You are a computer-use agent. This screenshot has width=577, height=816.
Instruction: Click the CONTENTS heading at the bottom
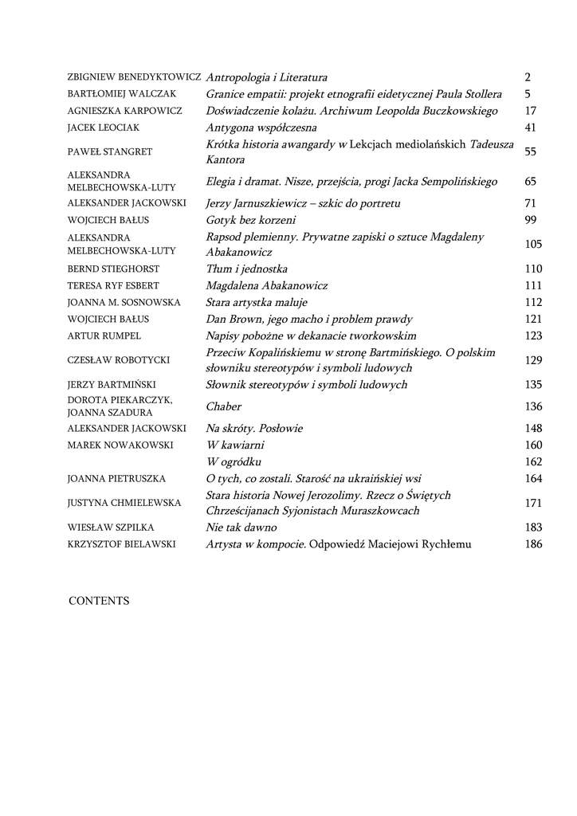tap(99, 601)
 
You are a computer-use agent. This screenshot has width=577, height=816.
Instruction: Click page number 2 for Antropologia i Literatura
tap(528, 77)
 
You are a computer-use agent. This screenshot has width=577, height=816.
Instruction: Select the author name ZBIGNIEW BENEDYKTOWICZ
tap(135, 78)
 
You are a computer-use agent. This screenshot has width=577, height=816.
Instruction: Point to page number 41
tap(531, 127)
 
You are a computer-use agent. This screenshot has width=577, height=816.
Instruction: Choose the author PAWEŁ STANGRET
tap(110, 151)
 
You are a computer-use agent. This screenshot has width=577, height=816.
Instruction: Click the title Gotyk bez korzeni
tap(251, 220)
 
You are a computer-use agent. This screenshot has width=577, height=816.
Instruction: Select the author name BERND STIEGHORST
tap(113, 269)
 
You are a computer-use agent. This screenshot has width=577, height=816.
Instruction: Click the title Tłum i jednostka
tap(246, 269)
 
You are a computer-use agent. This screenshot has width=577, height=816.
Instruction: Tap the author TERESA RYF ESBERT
tap(114, 286)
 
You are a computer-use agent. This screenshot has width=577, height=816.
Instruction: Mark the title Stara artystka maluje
tap(256, 303)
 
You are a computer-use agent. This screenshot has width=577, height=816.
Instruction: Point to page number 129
tap(533, 360)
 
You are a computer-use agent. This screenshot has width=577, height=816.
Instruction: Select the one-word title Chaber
tap(223, 406)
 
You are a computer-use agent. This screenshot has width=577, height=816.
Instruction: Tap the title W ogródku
tap(234, 461)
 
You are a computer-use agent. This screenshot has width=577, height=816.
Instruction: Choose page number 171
tap(533, 503)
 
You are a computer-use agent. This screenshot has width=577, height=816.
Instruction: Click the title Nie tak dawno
tap(241, 528)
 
